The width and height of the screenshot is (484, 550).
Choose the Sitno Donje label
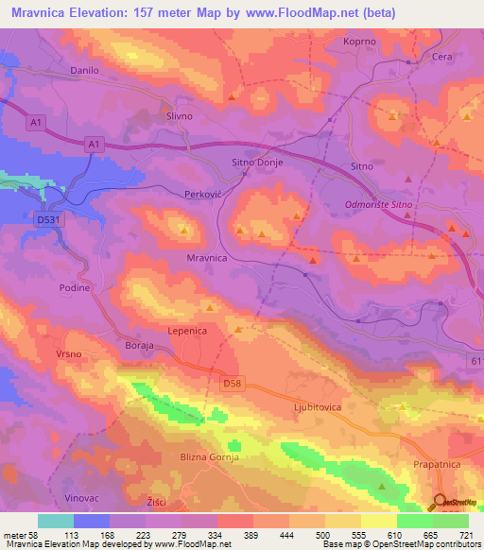(x=258, y=163)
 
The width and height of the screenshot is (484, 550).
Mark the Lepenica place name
(x=187, y=332)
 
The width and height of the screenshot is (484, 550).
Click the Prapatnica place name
(x=437, y=466)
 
